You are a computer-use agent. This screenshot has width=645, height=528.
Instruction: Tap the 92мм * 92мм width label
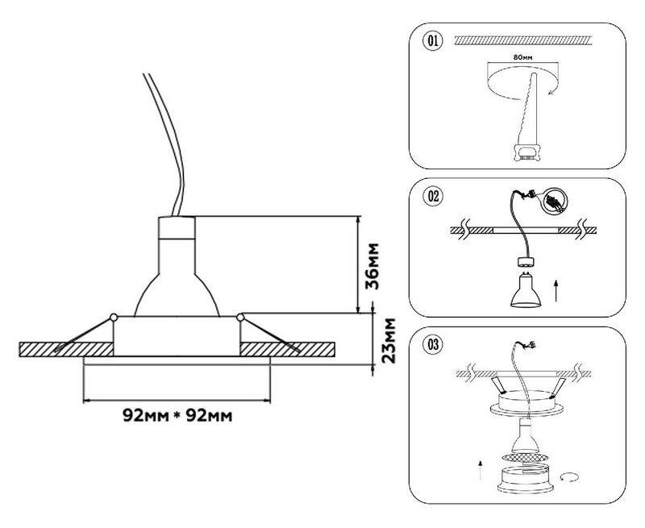[x=178, y=416]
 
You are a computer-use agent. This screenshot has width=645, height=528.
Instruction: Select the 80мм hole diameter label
[x=522, y=59]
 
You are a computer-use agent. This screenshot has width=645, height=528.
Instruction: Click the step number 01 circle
[x=433, y=40]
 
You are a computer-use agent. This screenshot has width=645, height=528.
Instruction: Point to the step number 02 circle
[x=433, y=196]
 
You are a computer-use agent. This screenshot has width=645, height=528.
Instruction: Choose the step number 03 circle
[x=433, y=346]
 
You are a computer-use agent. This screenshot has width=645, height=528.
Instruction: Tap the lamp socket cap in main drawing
[x=177, y=232]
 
